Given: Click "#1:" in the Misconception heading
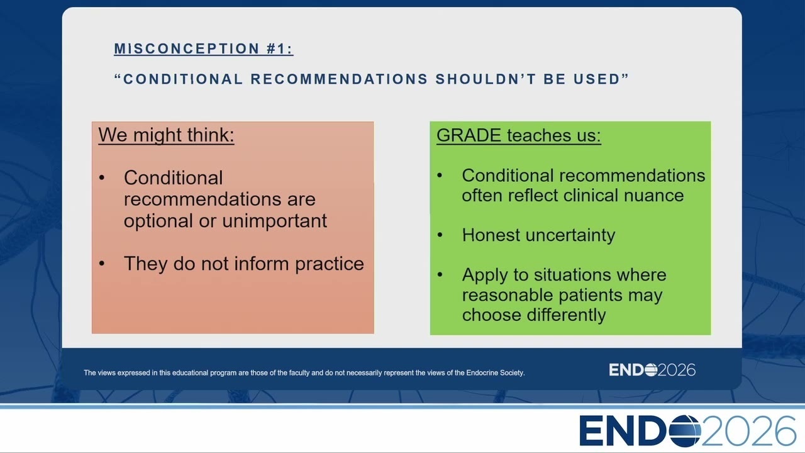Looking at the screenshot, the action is coord(280,49).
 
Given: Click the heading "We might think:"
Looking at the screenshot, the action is coord(167,135).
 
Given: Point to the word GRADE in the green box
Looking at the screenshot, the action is coord(469,135).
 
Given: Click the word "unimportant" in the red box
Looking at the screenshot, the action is coord(275,221).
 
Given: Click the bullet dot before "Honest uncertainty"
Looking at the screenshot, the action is coord(440,235).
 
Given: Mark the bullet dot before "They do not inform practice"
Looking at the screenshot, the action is coord(102,264).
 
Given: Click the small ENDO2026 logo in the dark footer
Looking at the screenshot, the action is coord(652,370).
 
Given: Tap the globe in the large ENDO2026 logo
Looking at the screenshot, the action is coord(685,431).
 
